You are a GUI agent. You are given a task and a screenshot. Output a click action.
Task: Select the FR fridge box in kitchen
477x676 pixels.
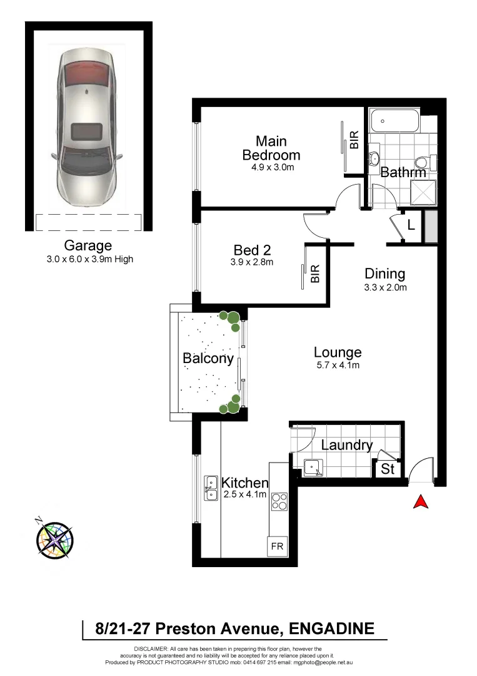pyautogui.click(x=277, y=546)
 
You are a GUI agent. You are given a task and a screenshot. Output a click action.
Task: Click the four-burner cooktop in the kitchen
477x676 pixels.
pyautogui.click(x=279, y=502)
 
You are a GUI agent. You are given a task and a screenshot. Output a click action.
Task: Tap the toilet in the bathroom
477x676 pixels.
pyautogui.click(x=423, y=163)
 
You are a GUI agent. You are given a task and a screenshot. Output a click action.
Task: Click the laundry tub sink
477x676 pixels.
pyautogui.click(x=311, y=466)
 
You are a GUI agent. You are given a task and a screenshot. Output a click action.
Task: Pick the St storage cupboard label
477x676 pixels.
pyautogui.click(x=388, y=469)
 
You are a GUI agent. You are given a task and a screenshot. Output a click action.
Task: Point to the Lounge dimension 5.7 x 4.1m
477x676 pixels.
pyautogui.click(x=338, y=366)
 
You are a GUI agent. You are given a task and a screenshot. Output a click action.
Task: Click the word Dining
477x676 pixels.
pyautogui.click(x=385, y=274)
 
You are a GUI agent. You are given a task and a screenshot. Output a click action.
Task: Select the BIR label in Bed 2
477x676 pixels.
pyautogui.click(x=315, y=273)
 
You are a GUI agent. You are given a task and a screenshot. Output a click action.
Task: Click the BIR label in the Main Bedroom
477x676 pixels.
pyautogui.click(x=354, y=140)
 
